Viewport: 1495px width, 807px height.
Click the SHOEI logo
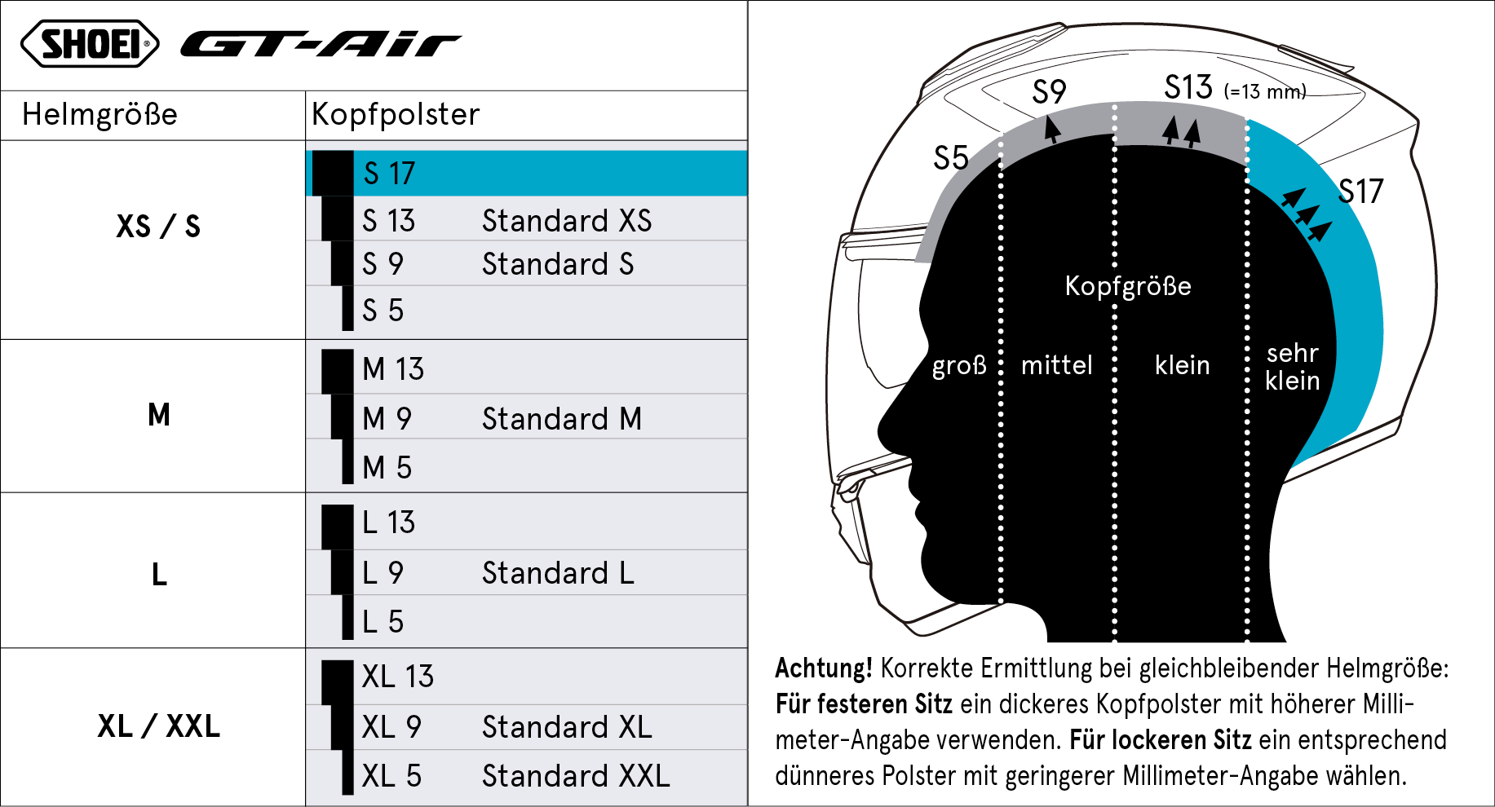tap(90, 44)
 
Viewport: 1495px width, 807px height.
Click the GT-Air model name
tap(321, 44)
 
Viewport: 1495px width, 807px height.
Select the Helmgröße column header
tap(100, 114)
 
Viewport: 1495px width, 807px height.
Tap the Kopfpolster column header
tap(396, 114)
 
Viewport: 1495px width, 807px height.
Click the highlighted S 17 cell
tap(527, 173)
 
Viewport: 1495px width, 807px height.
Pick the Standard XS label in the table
tap(567, 220)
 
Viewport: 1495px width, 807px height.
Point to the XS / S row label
tap(158, 226)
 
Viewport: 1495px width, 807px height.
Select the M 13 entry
tap(393, 369)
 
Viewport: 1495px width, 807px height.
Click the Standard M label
tap(562, 419)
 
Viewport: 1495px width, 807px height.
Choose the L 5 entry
tap(383, 622)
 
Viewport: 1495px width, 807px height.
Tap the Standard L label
tap(558, 573)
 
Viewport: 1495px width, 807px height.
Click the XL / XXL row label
tap(159, 725)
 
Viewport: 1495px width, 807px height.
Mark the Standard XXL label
tap(576, 776)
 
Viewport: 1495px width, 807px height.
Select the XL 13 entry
tap(398, 677)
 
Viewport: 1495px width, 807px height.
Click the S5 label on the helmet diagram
tap(951, 157)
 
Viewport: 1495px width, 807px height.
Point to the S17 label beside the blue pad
tap(1360, 192)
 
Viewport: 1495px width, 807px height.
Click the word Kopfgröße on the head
tap(1128, 286)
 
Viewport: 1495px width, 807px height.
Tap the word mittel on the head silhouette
tap(1057, 365)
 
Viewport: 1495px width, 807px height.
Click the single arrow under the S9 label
tap(1053, 130)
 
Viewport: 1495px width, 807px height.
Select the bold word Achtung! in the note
tap(824, 668)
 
